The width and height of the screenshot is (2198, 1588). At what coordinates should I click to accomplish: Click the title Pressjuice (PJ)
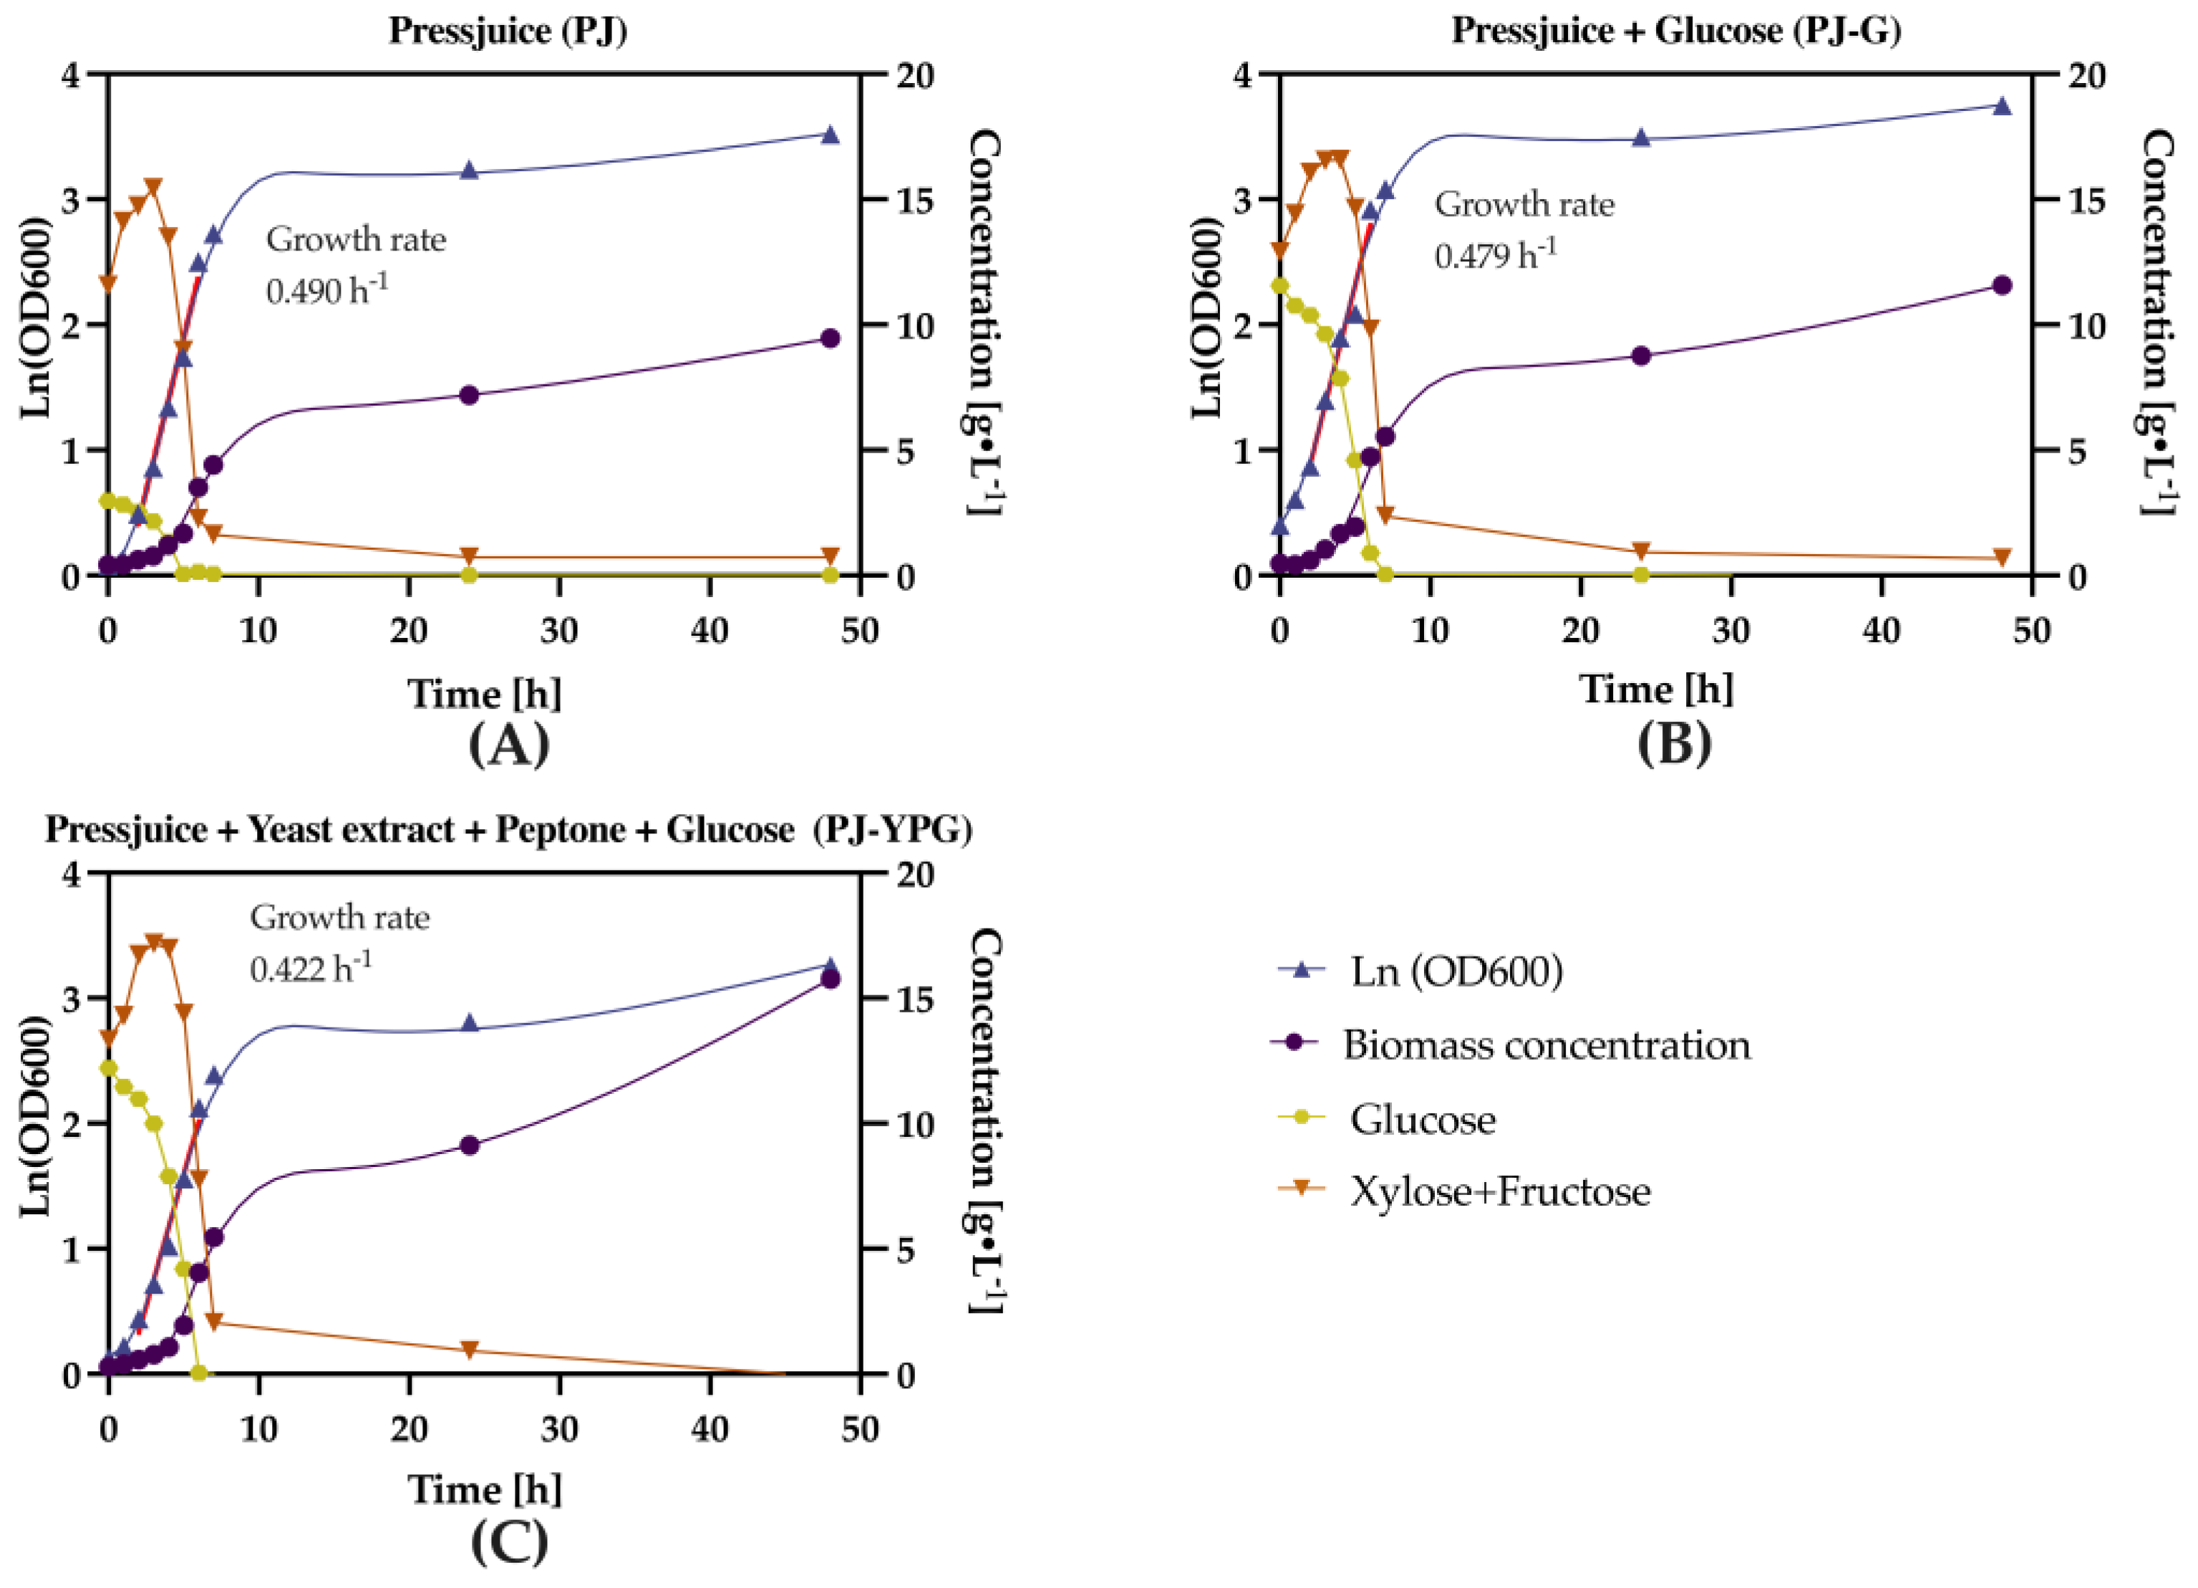point(508,31)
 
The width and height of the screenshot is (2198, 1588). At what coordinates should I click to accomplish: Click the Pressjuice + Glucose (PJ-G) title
point(1675,31)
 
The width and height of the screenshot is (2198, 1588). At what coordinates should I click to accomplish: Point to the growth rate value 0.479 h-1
point(1496,255)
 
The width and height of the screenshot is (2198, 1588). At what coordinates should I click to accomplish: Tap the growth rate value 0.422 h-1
point(310,968)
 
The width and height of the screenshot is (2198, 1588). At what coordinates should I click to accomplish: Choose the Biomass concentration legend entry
point(1546,1045)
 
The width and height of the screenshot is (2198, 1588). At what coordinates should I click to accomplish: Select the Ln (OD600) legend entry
point(1456,972)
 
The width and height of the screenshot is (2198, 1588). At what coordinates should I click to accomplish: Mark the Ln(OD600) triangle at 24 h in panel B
point(1641,137)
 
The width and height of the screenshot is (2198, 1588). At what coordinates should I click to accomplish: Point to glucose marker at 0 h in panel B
point(1279,286)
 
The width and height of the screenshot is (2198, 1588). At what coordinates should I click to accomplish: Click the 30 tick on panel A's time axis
point(559,631)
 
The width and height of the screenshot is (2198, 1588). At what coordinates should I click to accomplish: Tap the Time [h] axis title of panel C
point(485,1489)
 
